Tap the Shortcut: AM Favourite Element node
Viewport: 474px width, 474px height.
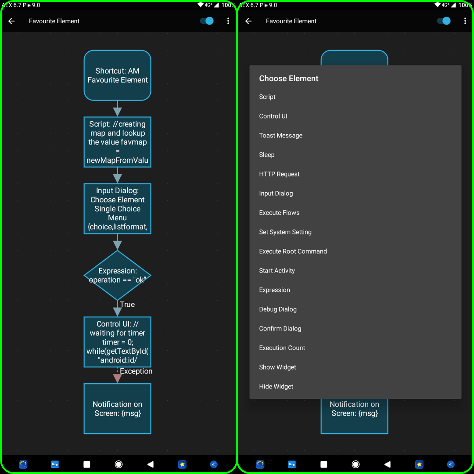click(x=118, y=75)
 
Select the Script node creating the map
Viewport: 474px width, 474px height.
click(x=118, y=142)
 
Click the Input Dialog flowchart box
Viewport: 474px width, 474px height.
click(x=118, y=208)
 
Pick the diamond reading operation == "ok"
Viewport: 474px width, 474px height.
click(x=118, y=276)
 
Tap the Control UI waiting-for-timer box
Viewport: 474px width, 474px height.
click(x=118, y=342)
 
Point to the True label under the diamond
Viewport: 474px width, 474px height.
click(x=127, y=305)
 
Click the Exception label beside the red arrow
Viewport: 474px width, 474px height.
click(x=136, y=371)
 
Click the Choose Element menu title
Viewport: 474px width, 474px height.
click(x=289, y=79)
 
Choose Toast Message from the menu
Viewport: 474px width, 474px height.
click(x=281, y=136)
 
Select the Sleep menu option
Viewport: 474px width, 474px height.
click(x=267, y=155)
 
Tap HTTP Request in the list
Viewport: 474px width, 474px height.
click(x=280, y=174)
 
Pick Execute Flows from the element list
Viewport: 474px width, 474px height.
click(x=280, y=213)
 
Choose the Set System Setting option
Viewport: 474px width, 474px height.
click(x=285, y=232)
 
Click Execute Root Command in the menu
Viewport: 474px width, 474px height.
click(x=293, y=251)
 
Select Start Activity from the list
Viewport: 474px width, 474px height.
click(x=277, y=271)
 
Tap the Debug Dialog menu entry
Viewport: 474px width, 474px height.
click(x=278, y=309)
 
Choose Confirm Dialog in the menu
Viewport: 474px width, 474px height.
click(x=280, y=329)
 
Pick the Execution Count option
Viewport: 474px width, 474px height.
click(x=282, y=348)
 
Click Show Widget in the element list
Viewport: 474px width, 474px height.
click(x=278, y=367)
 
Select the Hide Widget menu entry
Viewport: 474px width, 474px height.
click(x=276, y=387)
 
